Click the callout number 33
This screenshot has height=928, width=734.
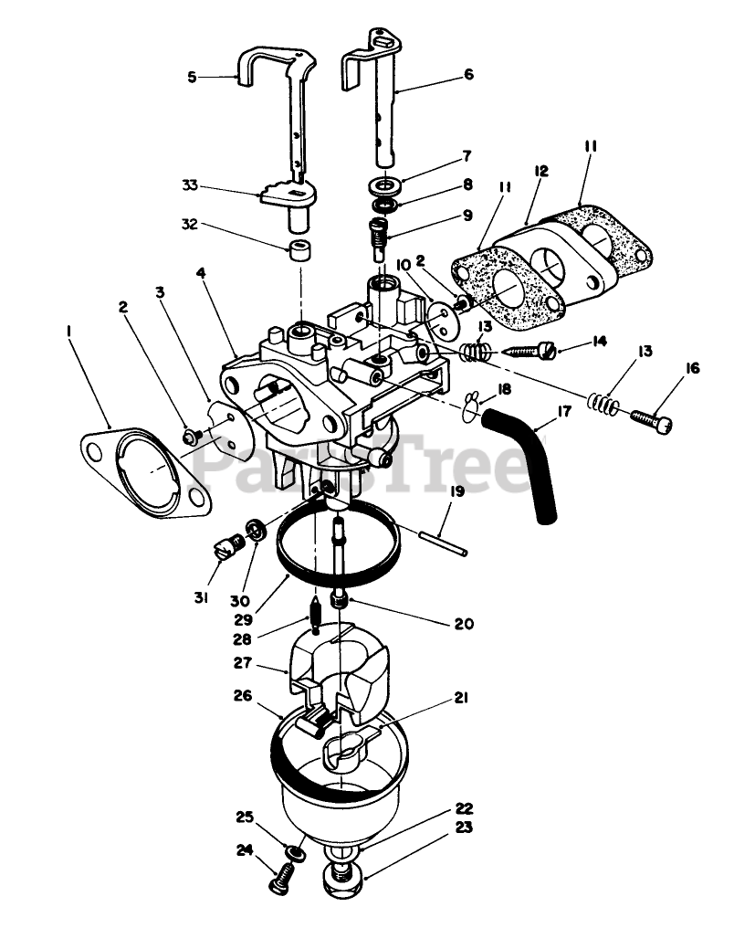tap(188, 185)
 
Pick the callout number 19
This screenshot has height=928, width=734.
tap(456, 491)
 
